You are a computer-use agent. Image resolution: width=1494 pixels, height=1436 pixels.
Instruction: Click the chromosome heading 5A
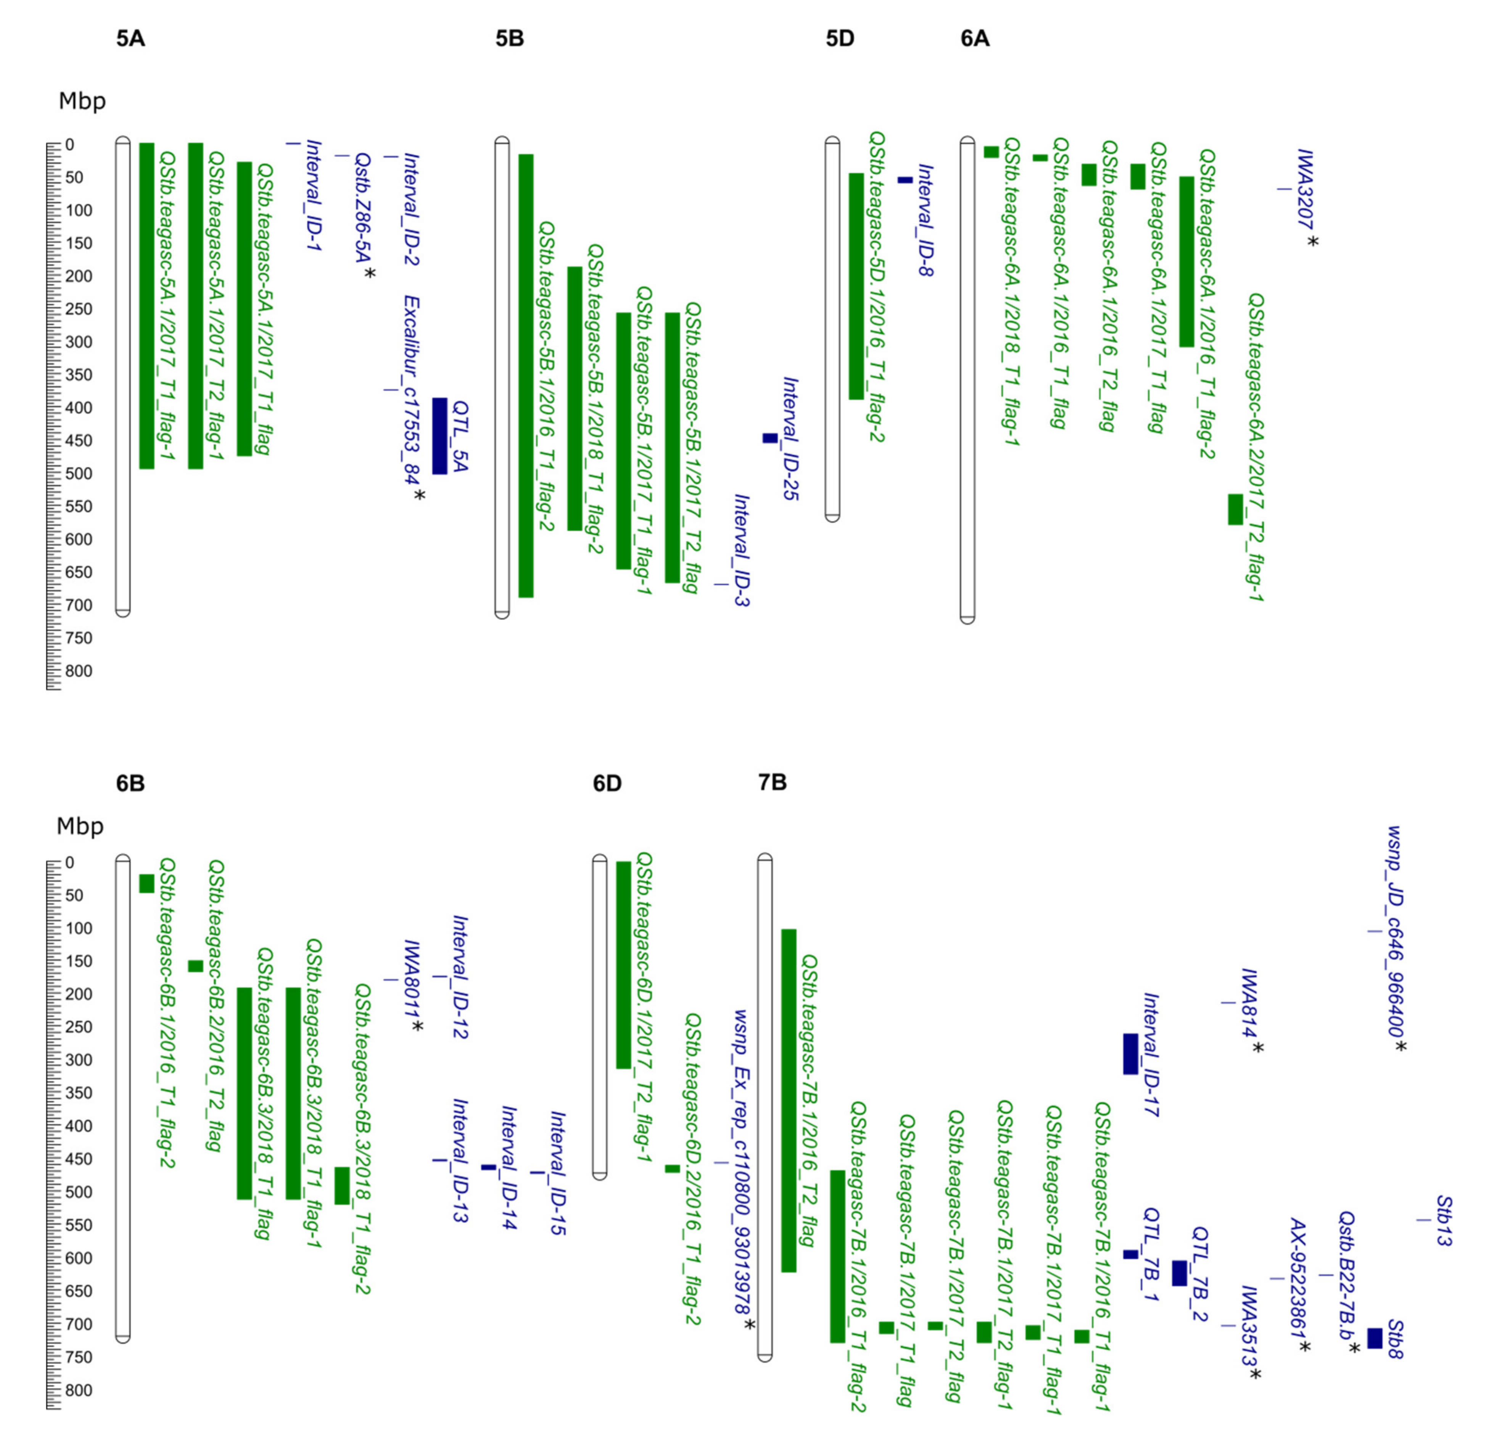pyautogui.click(x=130, y=39)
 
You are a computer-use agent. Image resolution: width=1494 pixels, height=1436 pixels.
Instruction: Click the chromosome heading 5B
pyautogui.click(x=509, y=39)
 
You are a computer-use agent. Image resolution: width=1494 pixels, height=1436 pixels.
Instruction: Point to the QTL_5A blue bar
pyautogui.click(x=440, y=436)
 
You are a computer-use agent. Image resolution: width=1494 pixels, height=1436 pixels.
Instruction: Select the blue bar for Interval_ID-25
pyautogui.click(x=770, y=438)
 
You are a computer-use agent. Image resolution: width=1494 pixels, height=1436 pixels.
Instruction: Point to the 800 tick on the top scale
pyautogui.click(x=76, y=671)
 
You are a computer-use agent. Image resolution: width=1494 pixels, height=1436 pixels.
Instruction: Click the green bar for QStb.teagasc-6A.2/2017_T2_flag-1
pyautogui.click(x=1235, y=510)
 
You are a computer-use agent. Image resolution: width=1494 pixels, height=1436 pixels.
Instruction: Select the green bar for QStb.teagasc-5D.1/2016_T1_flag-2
pyautogui.click(x=856, y=286)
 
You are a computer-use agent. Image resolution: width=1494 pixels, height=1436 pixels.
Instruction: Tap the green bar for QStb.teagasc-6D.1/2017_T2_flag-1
pyautogui.click(x=623, y=965)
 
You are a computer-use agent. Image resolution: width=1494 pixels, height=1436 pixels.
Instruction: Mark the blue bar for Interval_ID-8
pyautogui.click(x=905, y=180)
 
